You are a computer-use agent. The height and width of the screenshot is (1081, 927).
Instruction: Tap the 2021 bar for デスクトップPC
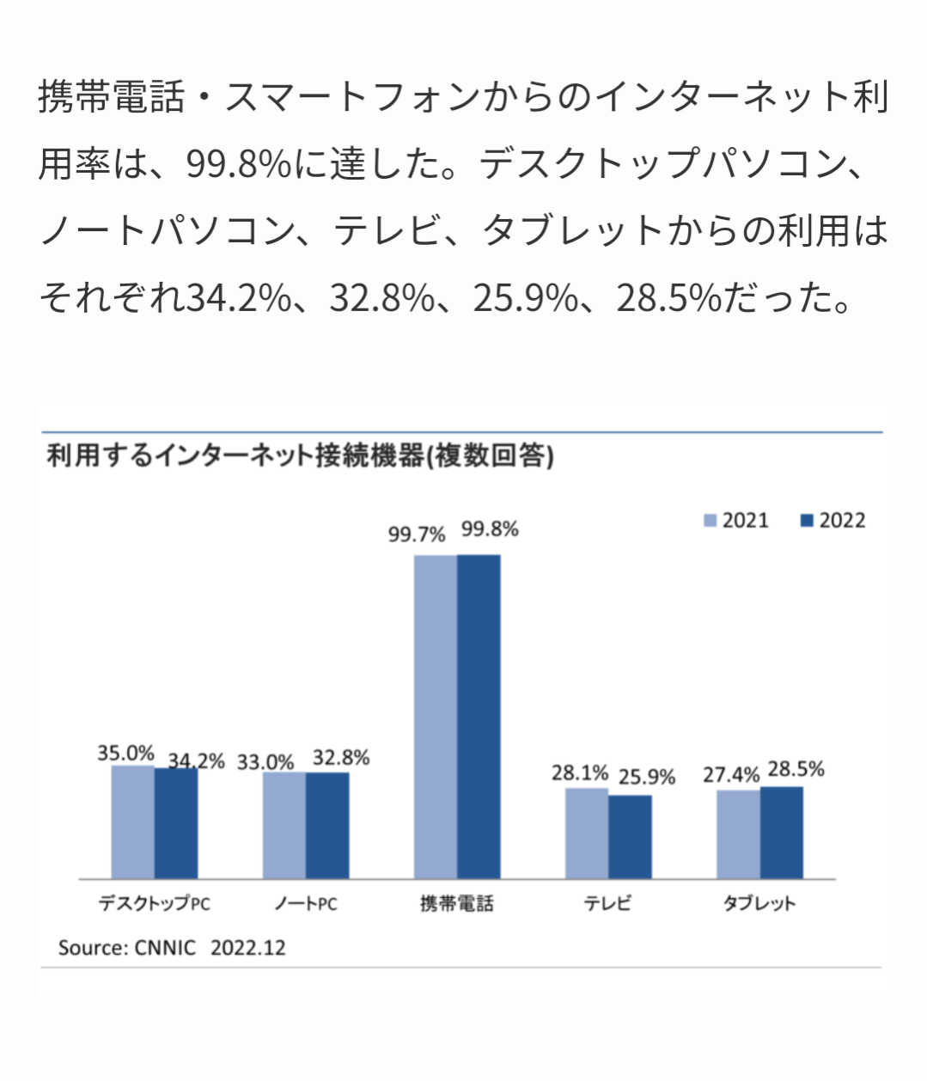click(x=133, y=821)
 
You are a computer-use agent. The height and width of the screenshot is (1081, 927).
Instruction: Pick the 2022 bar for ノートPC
click(x=327, y=825)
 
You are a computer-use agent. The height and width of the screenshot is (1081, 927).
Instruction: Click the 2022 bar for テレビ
click(x=630, y=836)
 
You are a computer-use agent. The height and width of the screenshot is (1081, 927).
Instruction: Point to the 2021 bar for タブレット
click(x=738, y=834)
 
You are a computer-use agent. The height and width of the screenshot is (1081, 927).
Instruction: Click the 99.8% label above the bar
click(x=490, y=529)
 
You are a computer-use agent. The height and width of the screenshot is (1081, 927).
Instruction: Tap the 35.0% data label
click(x=125, y=753)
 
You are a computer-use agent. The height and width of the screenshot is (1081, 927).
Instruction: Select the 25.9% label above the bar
click(x=647, y=777)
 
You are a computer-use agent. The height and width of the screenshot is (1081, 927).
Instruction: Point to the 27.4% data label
click(x=731, y=774)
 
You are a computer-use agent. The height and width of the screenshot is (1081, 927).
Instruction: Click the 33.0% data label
click(x=265, y=762)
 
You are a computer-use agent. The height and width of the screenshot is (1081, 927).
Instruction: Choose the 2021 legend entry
click(x=736, y=521)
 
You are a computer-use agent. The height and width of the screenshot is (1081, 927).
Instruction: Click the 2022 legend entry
click(x=832, y=521)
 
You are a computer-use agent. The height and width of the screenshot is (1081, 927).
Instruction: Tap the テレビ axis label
click(x=607, y=903)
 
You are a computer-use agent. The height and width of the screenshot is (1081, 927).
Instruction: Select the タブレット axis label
click(x=759, y=903)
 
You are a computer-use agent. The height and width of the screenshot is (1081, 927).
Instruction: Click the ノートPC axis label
click(x=306, y=903)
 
